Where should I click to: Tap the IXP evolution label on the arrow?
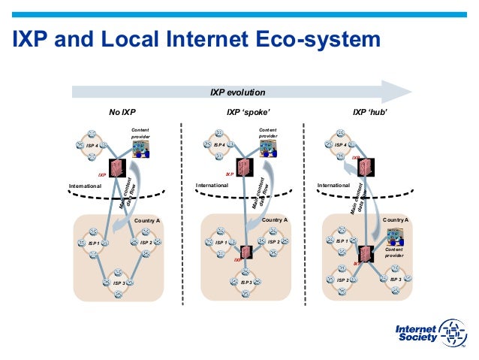[x=237, y=92]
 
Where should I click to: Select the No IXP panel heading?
[x=123, y=113]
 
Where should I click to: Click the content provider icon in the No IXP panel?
[x=140, y=149]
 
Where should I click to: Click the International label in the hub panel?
[x=333, y=184]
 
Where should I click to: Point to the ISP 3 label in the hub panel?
[x=395, y=279]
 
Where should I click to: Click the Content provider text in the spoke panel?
[x=267, y=133]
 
